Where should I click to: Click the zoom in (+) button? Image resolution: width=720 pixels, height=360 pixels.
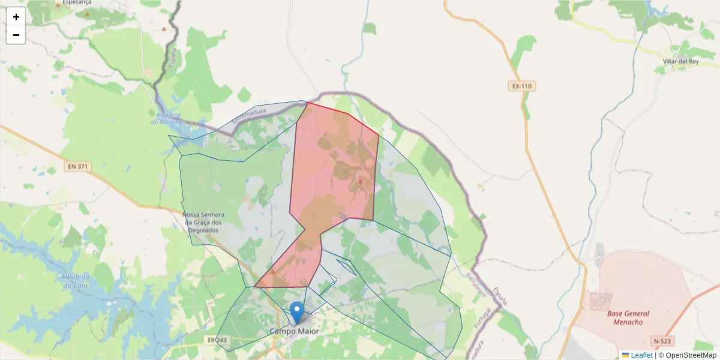pyautogui.click(x=16, y=17)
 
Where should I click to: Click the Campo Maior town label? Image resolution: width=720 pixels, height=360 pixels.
pyautogui.click(x=294, y=331)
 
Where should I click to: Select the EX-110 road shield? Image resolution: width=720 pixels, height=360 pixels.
pyautogui.click(x=521, y=86)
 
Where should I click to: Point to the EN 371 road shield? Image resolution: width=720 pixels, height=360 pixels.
pyautogui.click(x=77, y=166)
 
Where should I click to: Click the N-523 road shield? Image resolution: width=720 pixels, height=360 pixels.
pyautogui.click(x=662, y=341)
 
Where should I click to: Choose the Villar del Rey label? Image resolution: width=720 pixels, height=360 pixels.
pyautogui.click(x=681, y=62)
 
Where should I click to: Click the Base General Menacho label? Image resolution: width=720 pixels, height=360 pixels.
pyautogui.click(x=628, y=317)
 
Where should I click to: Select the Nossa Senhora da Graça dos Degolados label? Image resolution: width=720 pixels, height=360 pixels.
pyautogui.click(x=203, y=223)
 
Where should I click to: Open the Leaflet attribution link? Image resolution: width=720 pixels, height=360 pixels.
pyautogui.click(x=641, y=355)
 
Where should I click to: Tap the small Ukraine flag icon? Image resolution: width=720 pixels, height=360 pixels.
pyautogui.click(x=625, y=355)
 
